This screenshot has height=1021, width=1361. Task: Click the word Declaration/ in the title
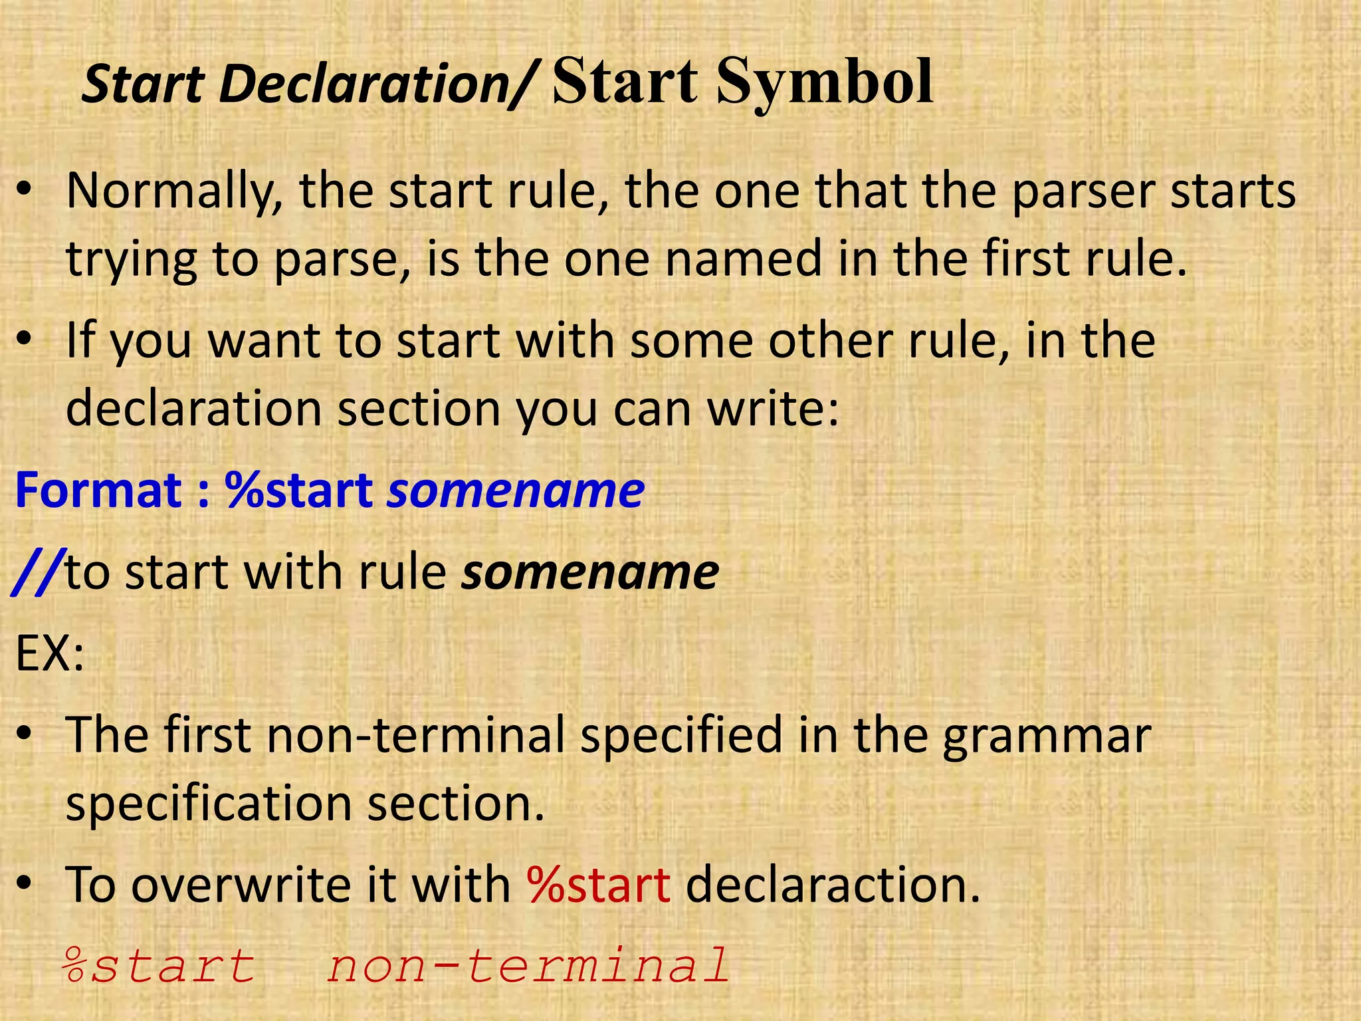point(375,85)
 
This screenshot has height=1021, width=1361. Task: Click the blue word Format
point(98,491)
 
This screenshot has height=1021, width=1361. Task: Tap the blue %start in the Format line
point(298,491)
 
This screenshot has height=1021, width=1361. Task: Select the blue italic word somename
point(516,491)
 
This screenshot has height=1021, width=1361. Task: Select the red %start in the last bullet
point(599,885)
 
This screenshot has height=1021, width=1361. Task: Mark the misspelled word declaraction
point(833,885)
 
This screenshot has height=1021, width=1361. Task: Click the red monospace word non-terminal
point(529,966)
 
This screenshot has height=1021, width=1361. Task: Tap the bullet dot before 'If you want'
point(25,340)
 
